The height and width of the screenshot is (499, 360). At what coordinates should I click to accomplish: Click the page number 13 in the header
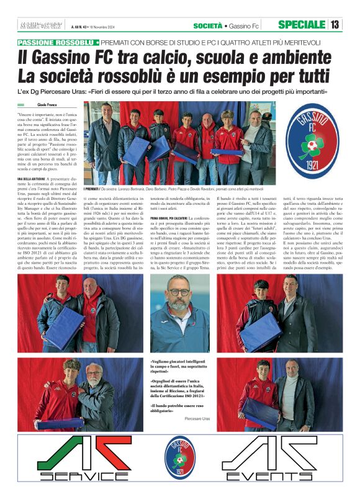pos(335,25)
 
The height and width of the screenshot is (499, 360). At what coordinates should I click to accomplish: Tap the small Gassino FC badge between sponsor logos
pos(179,458)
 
